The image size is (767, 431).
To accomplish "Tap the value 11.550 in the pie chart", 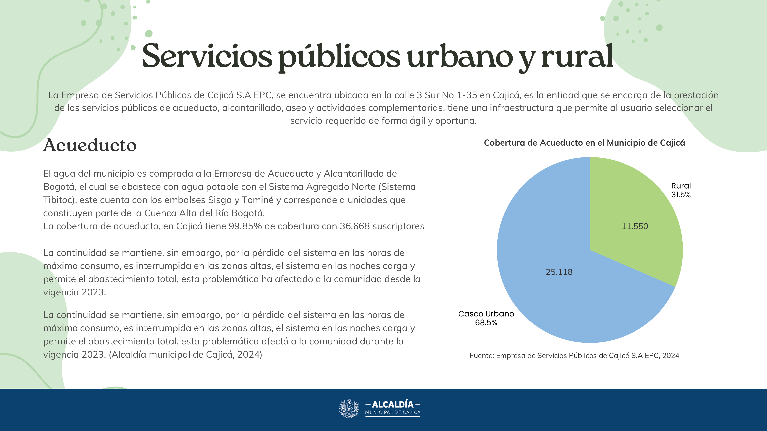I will pyautogui.click(x=635, y=226).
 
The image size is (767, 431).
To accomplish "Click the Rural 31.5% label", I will pyautogui.click(x=681, y=190).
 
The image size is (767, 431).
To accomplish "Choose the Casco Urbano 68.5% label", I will pyautogui.click(x=486, y=318).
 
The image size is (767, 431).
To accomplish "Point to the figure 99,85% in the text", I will pyautogui.click(x=245, y=226).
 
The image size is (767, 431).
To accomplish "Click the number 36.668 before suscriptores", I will pyautogui.click(x=355, y=226).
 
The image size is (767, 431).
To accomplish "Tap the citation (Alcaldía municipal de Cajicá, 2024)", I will pyautogui.click(x=185, y=355).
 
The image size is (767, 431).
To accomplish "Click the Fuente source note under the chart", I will pyautogui.click(x=574, y=356).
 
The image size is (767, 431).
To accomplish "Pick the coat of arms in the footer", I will pyautogui.click(x=349, y=408).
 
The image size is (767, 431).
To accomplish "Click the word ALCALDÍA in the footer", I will pyautogui.click(x=393, y=405).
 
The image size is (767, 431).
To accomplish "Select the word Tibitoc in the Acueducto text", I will pyautogui.click(x=58, y=200).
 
